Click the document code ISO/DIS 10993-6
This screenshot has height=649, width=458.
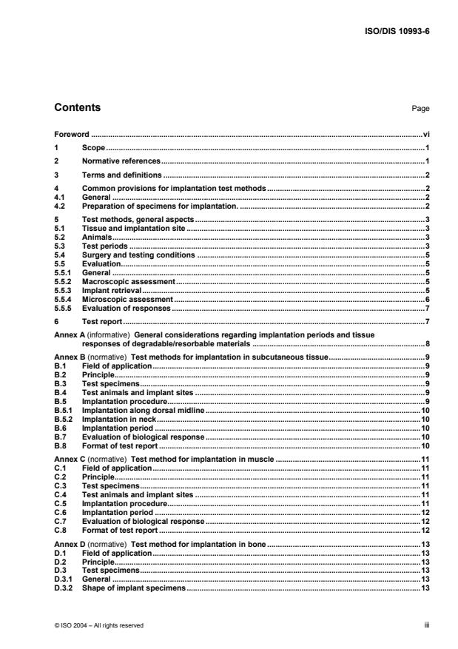click(396, 32)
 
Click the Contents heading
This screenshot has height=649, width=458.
click(78, 108)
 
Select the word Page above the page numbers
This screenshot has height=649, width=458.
click(420, 109)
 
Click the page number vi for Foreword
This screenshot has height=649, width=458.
click(426, 136)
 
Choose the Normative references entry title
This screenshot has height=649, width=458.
click(121, 161)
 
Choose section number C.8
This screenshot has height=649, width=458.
click(61, 530)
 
